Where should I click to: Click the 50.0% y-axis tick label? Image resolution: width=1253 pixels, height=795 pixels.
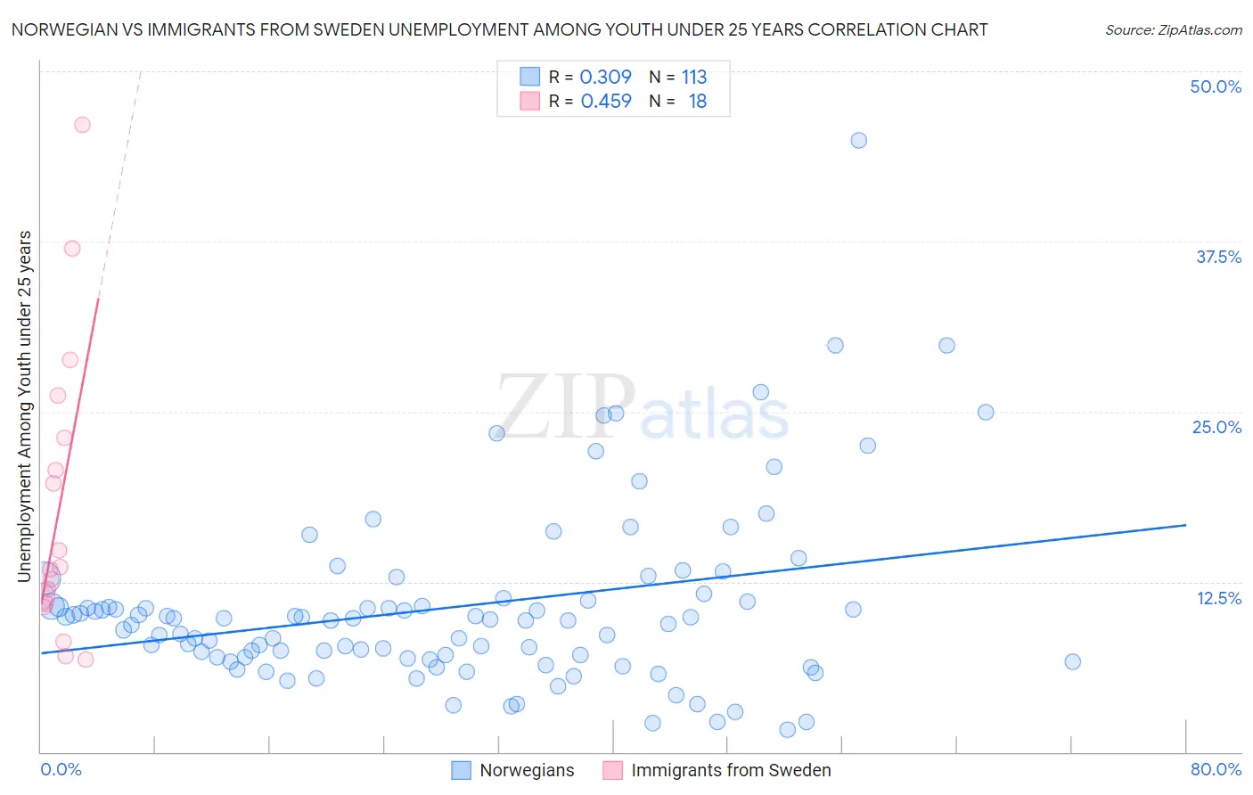(x=1215, y=86)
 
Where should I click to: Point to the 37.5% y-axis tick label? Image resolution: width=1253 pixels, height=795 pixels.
(x=1218, y=257)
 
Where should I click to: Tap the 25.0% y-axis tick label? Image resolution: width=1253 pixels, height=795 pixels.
(x=1216, y=427)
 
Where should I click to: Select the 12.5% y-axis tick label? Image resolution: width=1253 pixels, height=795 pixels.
(x=1218, y=598)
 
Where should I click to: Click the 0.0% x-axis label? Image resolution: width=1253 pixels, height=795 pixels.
(x=61, y=769)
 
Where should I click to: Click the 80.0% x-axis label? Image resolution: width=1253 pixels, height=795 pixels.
(x=1216, y=769)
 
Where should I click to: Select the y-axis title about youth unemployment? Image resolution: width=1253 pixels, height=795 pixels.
(x=25, y=406)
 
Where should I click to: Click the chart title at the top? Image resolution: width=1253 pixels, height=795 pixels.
(x=499, y=29)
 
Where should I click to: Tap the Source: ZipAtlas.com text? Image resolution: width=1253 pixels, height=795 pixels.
(x=1173, y=30)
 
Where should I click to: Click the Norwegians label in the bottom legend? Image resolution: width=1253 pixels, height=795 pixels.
(x=527, y=770)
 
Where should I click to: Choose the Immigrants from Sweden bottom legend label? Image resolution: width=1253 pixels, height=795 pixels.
(x=731, y=770)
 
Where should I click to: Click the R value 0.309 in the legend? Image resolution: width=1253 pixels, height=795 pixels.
(x=605, y=77)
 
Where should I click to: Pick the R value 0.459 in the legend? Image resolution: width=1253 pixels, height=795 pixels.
(x=606, y=102)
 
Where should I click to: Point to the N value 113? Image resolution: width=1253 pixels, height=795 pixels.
(x=694, y=77)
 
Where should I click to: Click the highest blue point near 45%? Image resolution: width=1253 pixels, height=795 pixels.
(x=858, y=140)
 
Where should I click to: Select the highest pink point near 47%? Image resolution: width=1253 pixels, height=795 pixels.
(x=82, y=125)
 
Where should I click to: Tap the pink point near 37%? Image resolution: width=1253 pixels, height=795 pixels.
(x=72, y=249)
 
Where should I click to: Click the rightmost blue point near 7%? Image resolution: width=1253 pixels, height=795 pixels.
(x=1072, y=661)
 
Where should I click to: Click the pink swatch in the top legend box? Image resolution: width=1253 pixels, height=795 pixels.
(x=530, y=101)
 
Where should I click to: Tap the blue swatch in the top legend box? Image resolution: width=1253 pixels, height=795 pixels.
(x=530, y=77)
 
